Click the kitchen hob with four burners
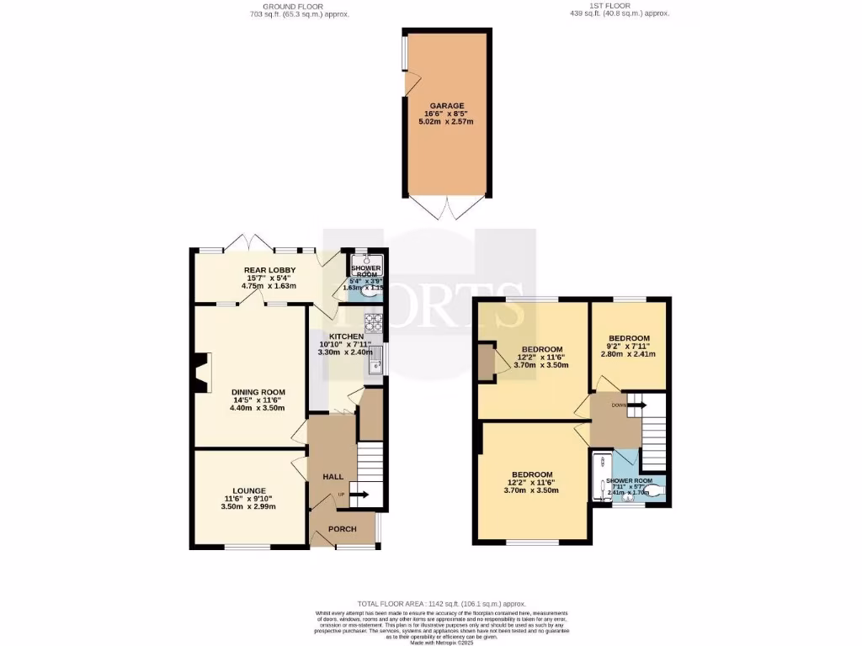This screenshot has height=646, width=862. (x=373, y=321)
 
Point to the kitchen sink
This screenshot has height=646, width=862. (x=375, y=359)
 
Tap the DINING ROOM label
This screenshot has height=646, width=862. (x=258, y=392)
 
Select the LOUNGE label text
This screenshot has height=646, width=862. (x=250, y=491)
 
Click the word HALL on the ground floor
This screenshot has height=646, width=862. (x=333, y=477)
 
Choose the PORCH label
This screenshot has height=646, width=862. (x=341, y=529)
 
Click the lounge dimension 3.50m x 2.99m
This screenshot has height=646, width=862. (x=248, y=507)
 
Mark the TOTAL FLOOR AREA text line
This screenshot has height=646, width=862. (x=442, y=604)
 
